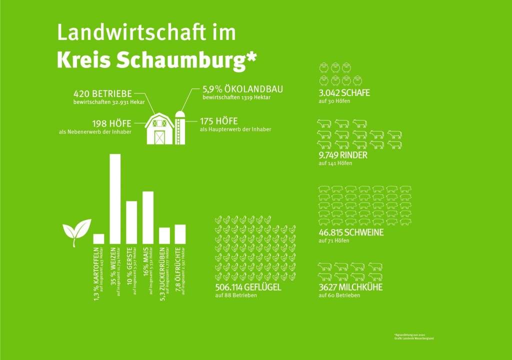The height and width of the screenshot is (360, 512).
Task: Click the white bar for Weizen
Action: [115, 198]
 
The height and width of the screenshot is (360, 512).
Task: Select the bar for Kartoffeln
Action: [98, 238]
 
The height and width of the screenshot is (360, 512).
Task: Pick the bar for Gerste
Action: [131, 222]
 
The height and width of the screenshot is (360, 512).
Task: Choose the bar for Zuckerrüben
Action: [164, 235]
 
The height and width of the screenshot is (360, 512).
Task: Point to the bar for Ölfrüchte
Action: [180, 233]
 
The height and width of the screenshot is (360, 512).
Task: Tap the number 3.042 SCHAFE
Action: [344, 92]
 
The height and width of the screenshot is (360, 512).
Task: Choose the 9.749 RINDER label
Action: [343, 155]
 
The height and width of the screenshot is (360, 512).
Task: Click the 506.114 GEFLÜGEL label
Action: [248, 287]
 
